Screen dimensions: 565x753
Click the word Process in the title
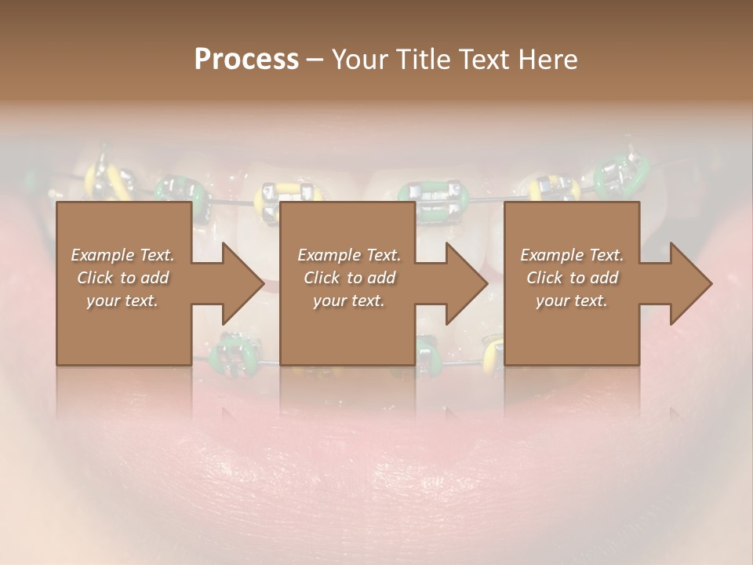(246, 59)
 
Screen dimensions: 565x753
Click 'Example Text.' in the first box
(122, 255)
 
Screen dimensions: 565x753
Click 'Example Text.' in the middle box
(349, 255)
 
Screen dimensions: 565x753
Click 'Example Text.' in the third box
(572, 255)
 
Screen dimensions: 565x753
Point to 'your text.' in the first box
(122, 301)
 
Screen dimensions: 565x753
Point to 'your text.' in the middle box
(349, 301)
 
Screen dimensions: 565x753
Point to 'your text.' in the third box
(572, 301)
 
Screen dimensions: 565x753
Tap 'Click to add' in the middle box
(349, 278)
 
